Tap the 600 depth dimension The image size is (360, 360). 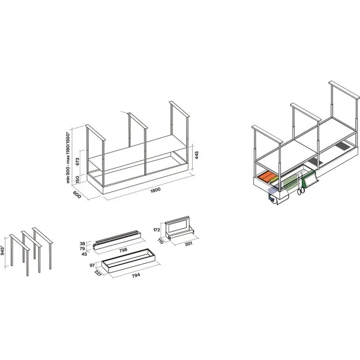click(77, 195)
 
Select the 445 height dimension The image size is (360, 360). click(196, 155)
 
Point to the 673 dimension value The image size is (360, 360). click(77, 162)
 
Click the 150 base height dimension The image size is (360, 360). click(77, 179)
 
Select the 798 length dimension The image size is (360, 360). click(123, 250)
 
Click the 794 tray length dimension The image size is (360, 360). click(136, 275)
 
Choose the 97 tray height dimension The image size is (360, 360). click(92, 265)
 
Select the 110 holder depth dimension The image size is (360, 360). click(161, 241)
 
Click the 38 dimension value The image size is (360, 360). click(83, 244)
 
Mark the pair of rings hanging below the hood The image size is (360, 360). click(301, 191)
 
